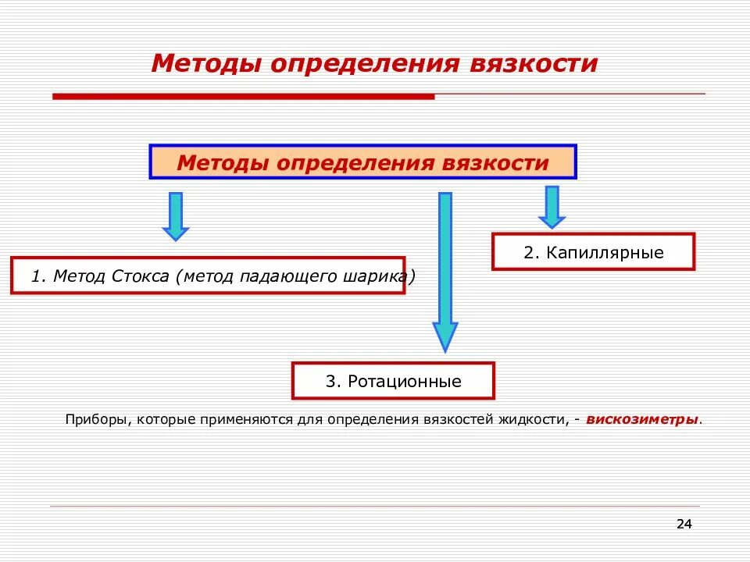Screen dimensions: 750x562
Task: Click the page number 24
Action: (x=684, y=524)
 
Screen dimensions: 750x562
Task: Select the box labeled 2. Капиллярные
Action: (x=593, y=252)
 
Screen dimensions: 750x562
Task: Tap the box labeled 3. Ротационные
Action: (x=393, y=382)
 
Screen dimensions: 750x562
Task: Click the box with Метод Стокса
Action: (x=208, y=276)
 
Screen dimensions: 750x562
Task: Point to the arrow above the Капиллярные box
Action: (x=552, y=206)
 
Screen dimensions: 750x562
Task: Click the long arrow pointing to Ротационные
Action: (x=445, y=269)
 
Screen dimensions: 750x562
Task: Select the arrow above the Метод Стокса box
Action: (x=176, y=215)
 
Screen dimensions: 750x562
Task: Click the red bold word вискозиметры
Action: (x=642, y=419)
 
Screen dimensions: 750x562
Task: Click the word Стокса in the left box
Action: (x=142, y=276)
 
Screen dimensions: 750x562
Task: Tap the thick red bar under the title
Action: (x=242, y=96)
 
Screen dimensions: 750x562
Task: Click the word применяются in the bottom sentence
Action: (x=253, y=420)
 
